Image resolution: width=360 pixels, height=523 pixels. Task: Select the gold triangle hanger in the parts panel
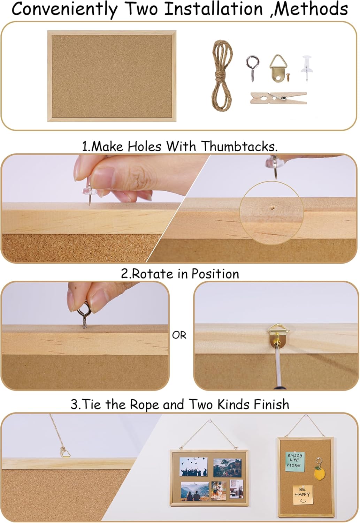pyautogui.click(x=278, y=68)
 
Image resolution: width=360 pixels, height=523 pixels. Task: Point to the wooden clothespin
pyautogui.click(x=278, y=98)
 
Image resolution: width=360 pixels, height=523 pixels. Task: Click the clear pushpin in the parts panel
pyautogui.click(x=307, y=68)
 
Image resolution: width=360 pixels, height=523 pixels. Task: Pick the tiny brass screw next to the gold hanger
pyautogui.click(x=289, y=77)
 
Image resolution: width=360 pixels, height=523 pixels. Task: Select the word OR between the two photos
pyautogui.click(x=179, y=335)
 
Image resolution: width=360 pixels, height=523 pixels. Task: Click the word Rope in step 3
pyautogui.click(x=145, y=404)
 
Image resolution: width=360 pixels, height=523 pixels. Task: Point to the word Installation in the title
pyautogui.click(x=214, y=9)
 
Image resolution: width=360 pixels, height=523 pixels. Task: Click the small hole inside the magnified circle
pyautogui.click(x=272, y=207)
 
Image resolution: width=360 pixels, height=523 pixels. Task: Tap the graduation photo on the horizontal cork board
pyautogui.click(x=193, y=467)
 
